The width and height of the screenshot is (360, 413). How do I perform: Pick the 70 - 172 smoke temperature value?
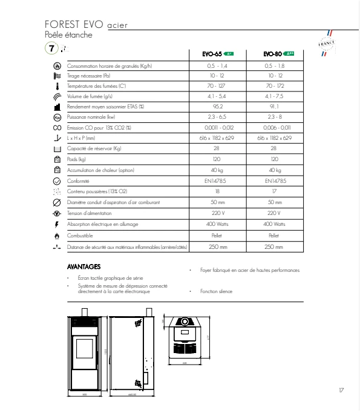274,85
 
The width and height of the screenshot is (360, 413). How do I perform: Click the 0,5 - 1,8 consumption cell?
274,65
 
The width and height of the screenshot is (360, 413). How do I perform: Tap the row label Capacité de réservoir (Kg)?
94,148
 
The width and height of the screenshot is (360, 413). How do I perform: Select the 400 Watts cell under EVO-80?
274,223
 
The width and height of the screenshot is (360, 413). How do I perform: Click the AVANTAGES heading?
83,266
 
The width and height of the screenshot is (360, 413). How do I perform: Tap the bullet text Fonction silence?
217,291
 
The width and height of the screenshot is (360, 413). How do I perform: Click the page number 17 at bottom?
341,390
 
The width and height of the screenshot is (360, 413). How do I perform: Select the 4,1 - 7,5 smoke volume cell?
274,96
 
